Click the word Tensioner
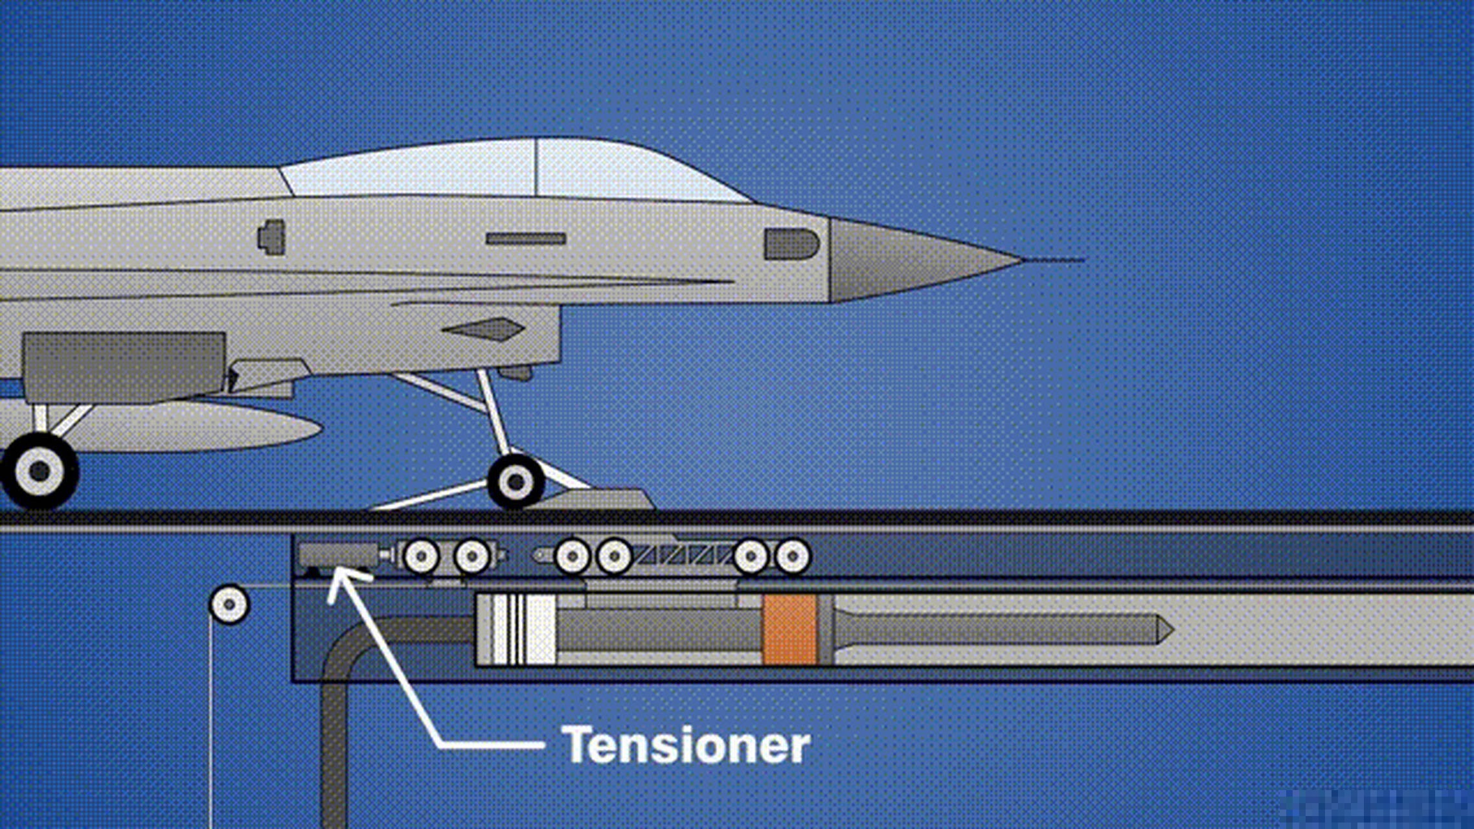685,745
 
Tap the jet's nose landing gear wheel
516,481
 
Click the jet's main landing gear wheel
40,471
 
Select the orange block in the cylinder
789,630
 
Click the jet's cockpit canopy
518,170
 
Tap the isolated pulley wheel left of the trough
229,604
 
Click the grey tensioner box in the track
338,555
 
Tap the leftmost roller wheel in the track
422,556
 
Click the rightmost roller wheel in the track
792,556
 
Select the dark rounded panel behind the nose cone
791,244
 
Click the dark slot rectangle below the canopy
526,239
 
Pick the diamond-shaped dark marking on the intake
485,329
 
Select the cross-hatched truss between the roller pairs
683,555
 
